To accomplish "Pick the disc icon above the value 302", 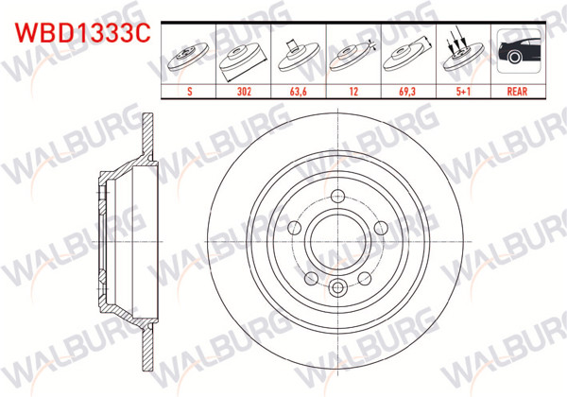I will tap(246, 57).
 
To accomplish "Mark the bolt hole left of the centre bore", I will tap(295, 227).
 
